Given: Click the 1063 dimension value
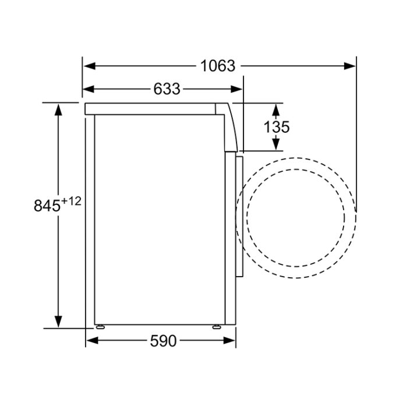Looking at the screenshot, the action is pyautogui.click(x=218, y=66).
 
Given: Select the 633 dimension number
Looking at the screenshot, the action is pyautogui.click(x=167, y=89).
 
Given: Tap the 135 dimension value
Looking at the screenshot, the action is pyautogui.click(x=276, y=127).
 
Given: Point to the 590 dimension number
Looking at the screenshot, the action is pyautogui.click(x=163, y=341).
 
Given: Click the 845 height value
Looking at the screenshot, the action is pyautogui.click(x=47, y=206).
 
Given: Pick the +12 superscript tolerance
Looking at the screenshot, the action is pyautogui.click(x=71, y=201).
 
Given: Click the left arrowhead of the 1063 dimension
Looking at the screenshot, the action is pyautogui.click(x=90, y=66).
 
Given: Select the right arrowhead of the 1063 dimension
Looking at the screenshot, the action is pyautogui.click(x=349, y=66).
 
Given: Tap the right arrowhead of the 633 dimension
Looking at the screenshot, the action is pyautogui.click(x=236, y=89).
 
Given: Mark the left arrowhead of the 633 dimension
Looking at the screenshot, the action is pyautogui.click(x=89, y=89).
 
